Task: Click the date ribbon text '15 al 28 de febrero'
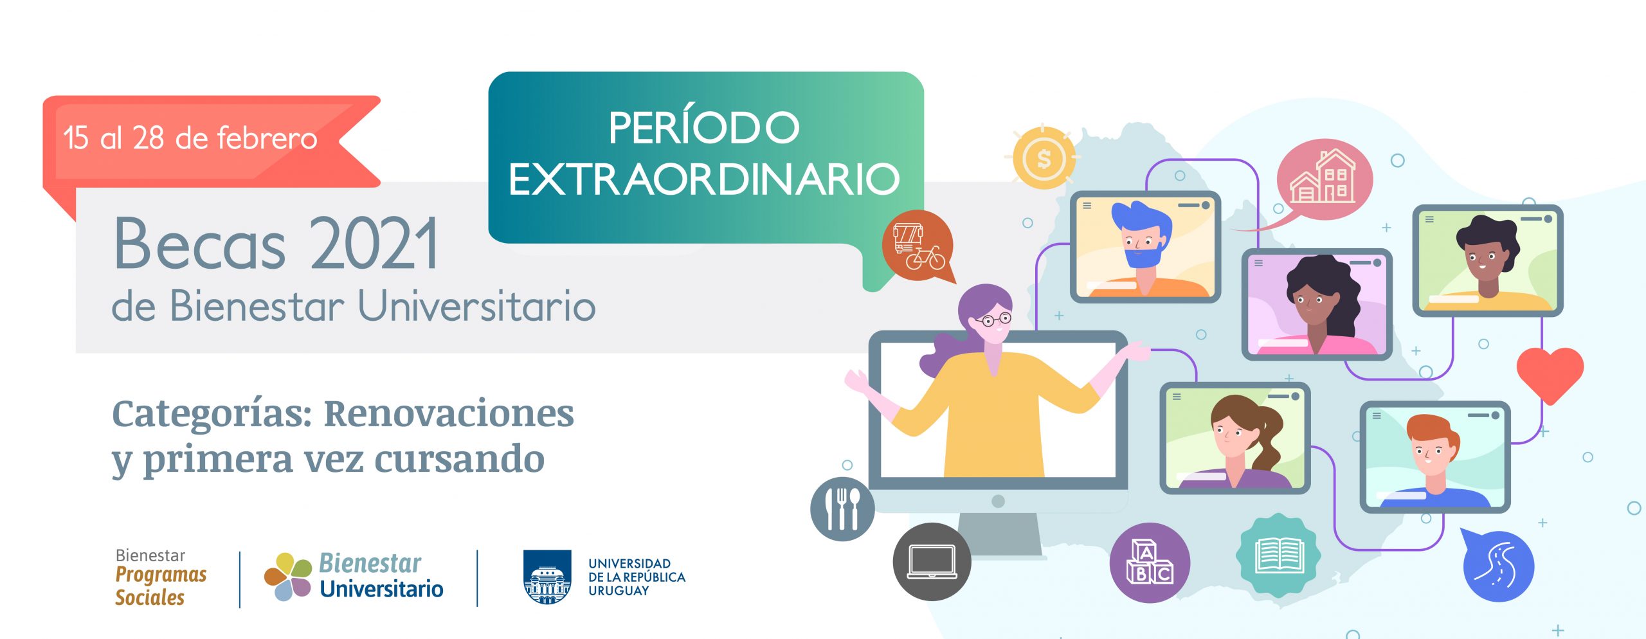coord(190,138)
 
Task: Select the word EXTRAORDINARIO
coord(704,179)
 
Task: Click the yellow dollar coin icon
coord(1044,158)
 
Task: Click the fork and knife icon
coord(842,509)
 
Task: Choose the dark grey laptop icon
coord(932,562)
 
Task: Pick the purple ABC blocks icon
coord(1150,562)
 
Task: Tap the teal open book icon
coord(1279,555)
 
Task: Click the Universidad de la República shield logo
coord(547,577)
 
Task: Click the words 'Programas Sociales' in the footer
coord(161,586)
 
